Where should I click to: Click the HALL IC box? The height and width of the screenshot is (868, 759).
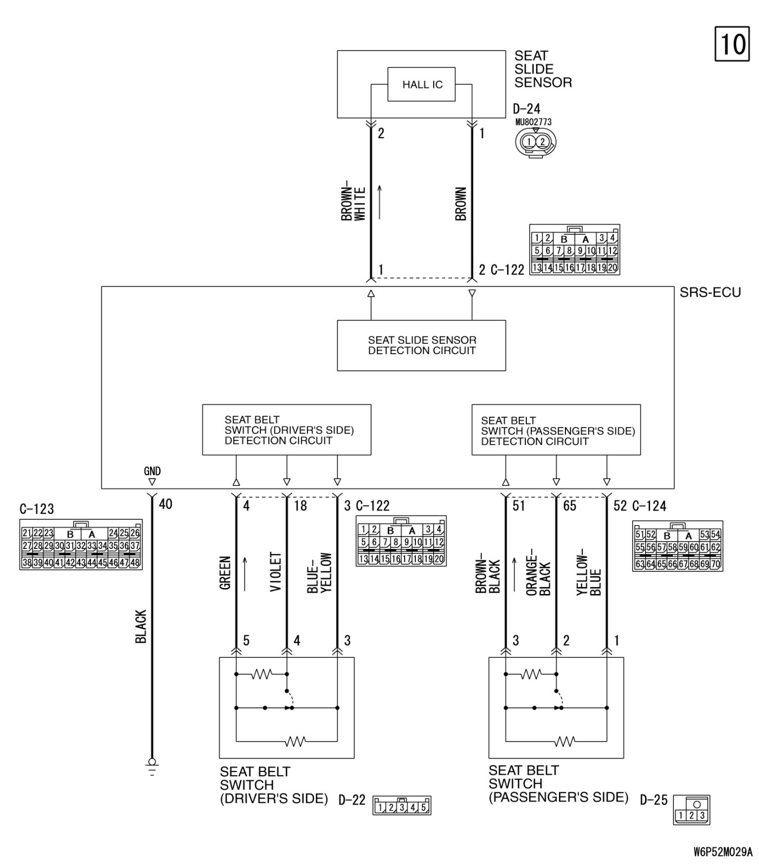[421, 84]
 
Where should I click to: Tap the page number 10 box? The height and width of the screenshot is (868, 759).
[732, 43]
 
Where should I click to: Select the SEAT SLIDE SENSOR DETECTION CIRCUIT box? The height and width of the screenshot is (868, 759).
[421, 346]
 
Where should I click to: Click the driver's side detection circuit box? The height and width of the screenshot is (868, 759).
[286, 430]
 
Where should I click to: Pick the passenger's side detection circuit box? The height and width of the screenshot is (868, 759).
[556, 430]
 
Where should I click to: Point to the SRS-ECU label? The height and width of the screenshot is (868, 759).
[710, 292]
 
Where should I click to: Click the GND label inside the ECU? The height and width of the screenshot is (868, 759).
[152, 471]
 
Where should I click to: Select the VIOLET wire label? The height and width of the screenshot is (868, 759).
[276, 572]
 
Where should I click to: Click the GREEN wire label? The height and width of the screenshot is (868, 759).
[226, 572]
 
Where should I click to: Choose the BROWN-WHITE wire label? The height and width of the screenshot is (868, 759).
[353, 203]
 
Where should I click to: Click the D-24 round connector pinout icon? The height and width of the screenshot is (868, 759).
[535, 143]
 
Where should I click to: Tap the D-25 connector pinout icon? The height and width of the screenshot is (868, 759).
[691, 810]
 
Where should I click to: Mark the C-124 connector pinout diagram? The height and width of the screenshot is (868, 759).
[677, 546]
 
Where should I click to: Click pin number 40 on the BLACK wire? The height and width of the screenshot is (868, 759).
[165, 504]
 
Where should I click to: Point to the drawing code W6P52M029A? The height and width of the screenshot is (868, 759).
[723, 851]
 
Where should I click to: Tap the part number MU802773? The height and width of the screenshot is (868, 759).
[533, 122]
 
